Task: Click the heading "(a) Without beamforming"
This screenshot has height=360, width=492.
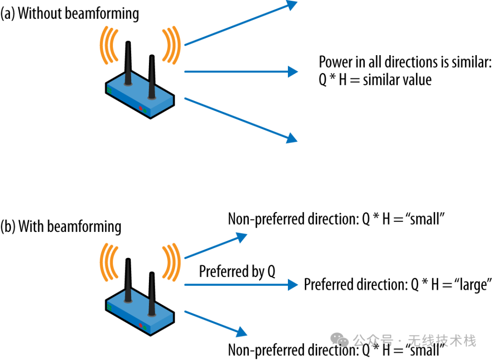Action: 70,14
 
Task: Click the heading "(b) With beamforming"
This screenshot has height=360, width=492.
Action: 61,226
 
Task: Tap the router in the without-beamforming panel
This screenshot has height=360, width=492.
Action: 139,93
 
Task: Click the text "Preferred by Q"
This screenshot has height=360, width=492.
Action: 237,272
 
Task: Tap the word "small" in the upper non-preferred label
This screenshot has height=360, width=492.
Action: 426,220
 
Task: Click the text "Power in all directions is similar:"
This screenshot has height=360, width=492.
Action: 405,62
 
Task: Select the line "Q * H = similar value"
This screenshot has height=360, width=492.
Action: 375,80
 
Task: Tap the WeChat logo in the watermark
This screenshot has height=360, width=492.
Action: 339,340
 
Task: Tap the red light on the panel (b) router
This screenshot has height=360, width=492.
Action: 141,325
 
